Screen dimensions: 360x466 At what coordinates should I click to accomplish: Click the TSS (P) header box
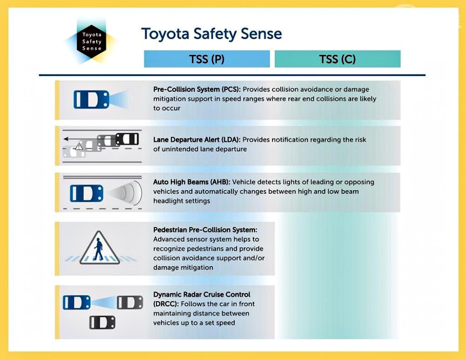pos(207,59)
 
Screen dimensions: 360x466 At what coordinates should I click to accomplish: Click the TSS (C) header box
pos(337,59)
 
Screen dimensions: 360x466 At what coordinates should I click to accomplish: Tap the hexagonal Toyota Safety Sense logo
pos(91,42)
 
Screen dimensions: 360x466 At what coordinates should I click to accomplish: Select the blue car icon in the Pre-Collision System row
pos(91,99)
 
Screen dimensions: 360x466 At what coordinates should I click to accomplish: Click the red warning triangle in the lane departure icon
pos(79,147)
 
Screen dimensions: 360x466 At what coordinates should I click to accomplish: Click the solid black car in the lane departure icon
pos(127,139)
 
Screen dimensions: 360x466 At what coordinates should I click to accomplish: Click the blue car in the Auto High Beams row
pos(87,193)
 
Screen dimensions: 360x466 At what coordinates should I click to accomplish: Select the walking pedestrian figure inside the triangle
pos(98,250)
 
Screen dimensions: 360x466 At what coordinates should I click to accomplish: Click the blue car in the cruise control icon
pos(77,302)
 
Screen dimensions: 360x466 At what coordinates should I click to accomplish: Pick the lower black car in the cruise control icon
pos(102,322)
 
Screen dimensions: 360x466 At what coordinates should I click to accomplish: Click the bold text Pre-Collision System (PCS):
pos(197,89)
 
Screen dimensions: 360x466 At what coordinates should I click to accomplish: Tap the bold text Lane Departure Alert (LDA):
pos(197,140)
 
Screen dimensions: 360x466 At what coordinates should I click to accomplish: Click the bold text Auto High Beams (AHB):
pos(192,182)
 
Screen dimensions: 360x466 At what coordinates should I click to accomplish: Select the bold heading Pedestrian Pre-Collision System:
pos(205,230)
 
